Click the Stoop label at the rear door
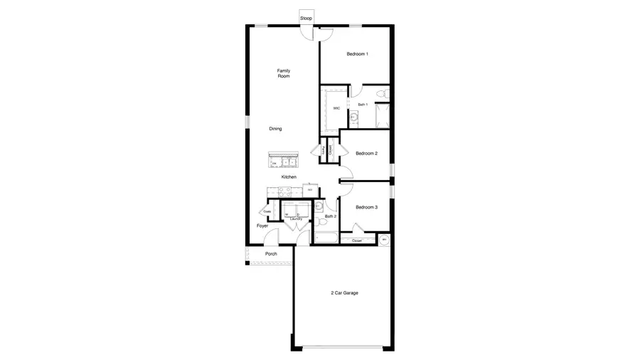tap(306, 18)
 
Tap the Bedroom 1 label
tap(357, 54)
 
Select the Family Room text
tap(284, 73)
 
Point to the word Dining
tap(275, 129)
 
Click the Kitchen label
tap(289, 176)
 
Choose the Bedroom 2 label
tap(366, 153)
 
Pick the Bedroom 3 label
tap(366, 207)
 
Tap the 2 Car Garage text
tap(344, 292)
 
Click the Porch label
tap(270, 254)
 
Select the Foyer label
tap(262, 226)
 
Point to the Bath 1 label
tap(363, 105)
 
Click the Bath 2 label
tap(331, 216)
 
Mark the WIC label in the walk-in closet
tap(336, 108)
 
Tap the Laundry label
tap(296, 218)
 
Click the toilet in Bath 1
tap(381, 94)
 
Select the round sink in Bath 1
tap(354, 116)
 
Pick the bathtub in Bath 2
tap(326, 238)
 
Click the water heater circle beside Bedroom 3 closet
tap(384, 240)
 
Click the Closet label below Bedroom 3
tap(357, 240)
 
